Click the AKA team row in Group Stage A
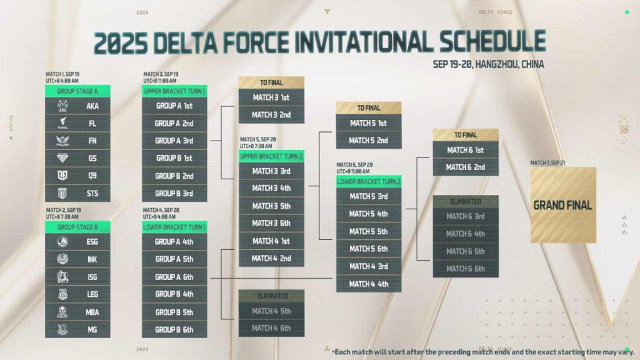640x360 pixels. tap(77, 106)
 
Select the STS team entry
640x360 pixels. tap(77, 194)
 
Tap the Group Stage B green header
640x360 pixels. tap(77, 226)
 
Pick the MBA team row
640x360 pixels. tap(77, 312)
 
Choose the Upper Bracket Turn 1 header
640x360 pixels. tap(175, 91)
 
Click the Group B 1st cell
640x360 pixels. tap(175, 158)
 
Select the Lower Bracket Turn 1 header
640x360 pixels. tap(175, 226)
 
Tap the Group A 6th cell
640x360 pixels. tap(175, 277)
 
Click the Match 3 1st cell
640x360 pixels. tap(271, 97)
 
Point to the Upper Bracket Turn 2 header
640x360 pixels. tap(271, 156)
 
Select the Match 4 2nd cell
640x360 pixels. tap(271, 258)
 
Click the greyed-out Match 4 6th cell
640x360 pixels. tap(271, 328)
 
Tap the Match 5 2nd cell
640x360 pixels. tap(369, 140)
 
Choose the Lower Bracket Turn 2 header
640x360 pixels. tap(369, 181)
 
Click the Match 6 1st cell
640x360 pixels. tap(466, 150)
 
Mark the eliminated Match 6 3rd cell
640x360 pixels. tap(466, 216)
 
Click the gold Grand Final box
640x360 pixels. tap(563, 205)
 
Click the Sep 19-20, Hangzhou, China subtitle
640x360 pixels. tap(488, 64)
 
